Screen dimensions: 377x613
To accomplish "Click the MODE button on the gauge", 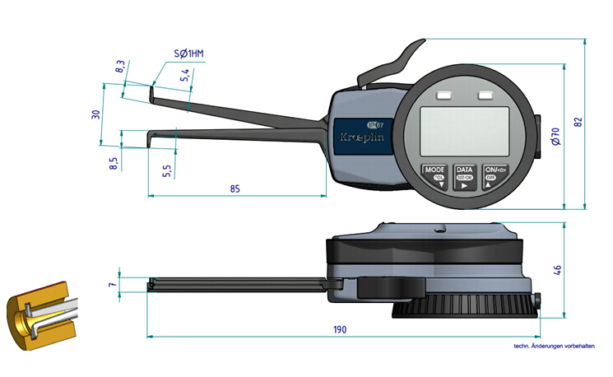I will (434, 174).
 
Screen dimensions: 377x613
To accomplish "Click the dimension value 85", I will (235, 188).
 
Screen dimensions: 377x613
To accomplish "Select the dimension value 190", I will (340, 329).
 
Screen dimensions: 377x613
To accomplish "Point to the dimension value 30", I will (96, 114).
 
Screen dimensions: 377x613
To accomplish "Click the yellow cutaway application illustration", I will (38, 314).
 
